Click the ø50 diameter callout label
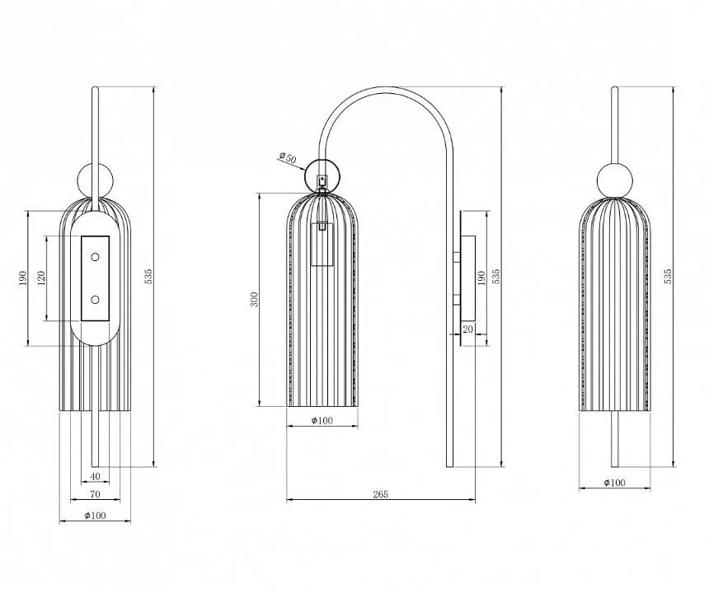tap(288, 157)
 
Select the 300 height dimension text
tap(255, 300)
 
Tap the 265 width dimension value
tap(381, 494)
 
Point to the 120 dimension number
tap(41, 278)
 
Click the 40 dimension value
tap(95, 476)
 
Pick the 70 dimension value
tap(95, 494)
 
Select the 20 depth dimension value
tap(468, 329)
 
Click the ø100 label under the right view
tap(614, 483)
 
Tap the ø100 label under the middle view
tap(322, 421)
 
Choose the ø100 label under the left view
tap(96, 516)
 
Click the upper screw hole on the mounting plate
tap(95, 257)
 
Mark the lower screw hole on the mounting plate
tap(95, 300)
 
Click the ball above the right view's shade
tap(614, 180)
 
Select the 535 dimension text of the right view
tap(668, 276)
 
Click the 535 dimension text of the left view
tap(148, 276)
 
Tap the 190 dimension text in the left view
tap(23, 278)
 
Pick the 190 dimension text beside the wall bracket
tap(481, 278)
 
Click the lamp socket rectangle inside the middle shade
tap(322, 244)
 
